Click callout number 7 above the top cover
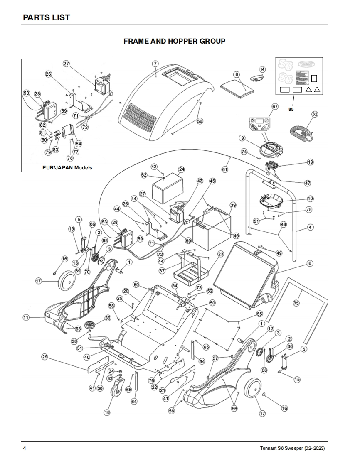[155, 64]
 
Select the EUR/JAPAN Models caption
[67, 167]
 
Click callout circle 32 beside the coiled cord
[315, 114]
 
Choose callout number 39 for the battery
[233, 205]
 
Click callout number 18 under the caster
[107, 412]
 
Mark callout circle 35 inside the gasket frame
[296, 303]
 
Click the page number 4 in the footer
[25, 449]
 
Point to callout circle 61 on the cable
[225, 169]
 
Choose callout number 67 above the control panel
[275, 106]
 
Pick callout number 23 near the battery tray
[220, 253]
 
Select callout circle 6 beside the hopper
[310, 263]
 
